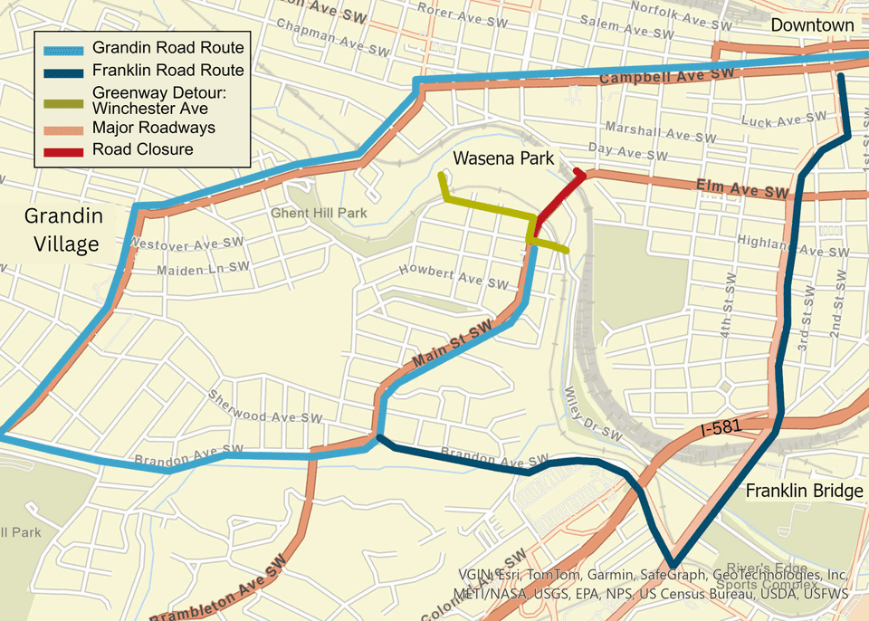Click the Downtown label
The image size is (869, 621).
click(812, 25)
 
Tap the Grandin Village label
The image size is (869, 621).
click(62, 230)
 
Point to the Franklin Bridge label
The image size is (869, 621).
click(804, 492)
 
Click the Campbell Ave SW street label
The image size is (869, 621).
click(665, 78)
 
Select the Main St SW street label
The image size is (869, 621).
click(451, 348)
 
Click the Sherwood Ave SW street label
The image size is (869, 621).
click(265, 407)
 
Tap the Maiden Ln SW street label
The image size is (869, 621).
click(203, 269)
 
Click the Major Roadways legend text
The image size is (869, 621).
click(153, 128)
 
